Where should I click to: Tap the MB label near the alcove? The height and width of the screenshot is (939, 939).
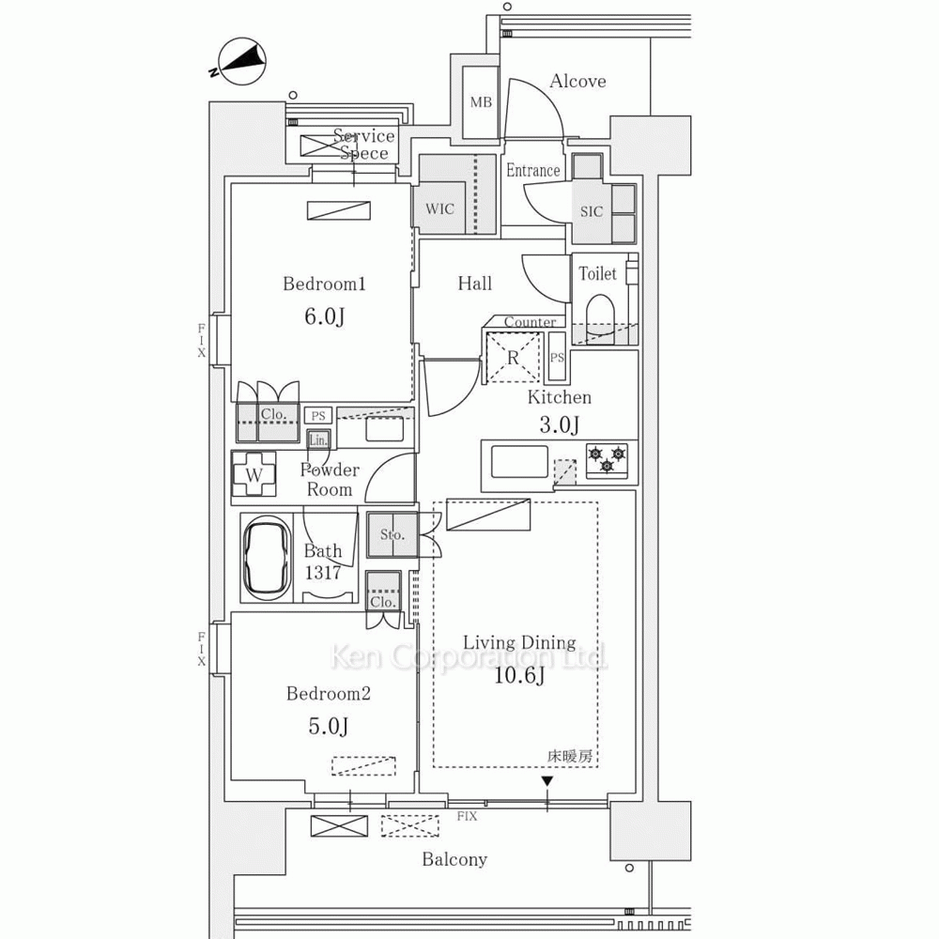click(x=481, y=102)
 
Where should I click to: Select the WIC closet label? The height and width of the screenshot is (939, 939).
click(x=439, y=208)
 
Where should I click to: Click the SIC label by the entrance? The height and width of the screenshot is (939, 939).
click(x=591, y=211)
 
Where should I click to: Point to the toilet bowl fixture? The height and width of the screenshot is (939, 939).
click(x=598, y=314)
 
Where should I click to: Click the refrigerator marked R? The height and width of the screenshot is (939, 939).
click(x=513, y=357)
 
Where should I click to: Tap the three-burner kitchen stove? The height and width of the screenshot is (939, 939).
click(x=607, y=460)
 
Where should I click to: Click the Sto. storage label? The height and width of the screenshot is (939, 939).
click(x=392, y=535)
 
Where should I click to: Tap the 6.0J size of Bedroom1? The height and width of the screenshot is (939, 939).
click(x=323, y=317)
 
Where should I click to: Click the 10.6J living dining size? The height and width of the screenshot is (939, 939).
click(x=519, y=676)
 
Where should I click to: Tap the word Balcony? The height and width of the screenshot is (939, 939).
click(x=454, y=859)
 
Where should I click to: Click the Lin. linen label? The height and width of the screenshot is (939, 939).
click(x=317, y=439)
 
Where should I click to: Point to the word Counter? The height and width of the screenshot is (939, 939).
click(x=529, y=322)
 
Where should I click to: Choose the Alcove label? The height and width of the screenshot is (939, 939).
click(x=577, y=82)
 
